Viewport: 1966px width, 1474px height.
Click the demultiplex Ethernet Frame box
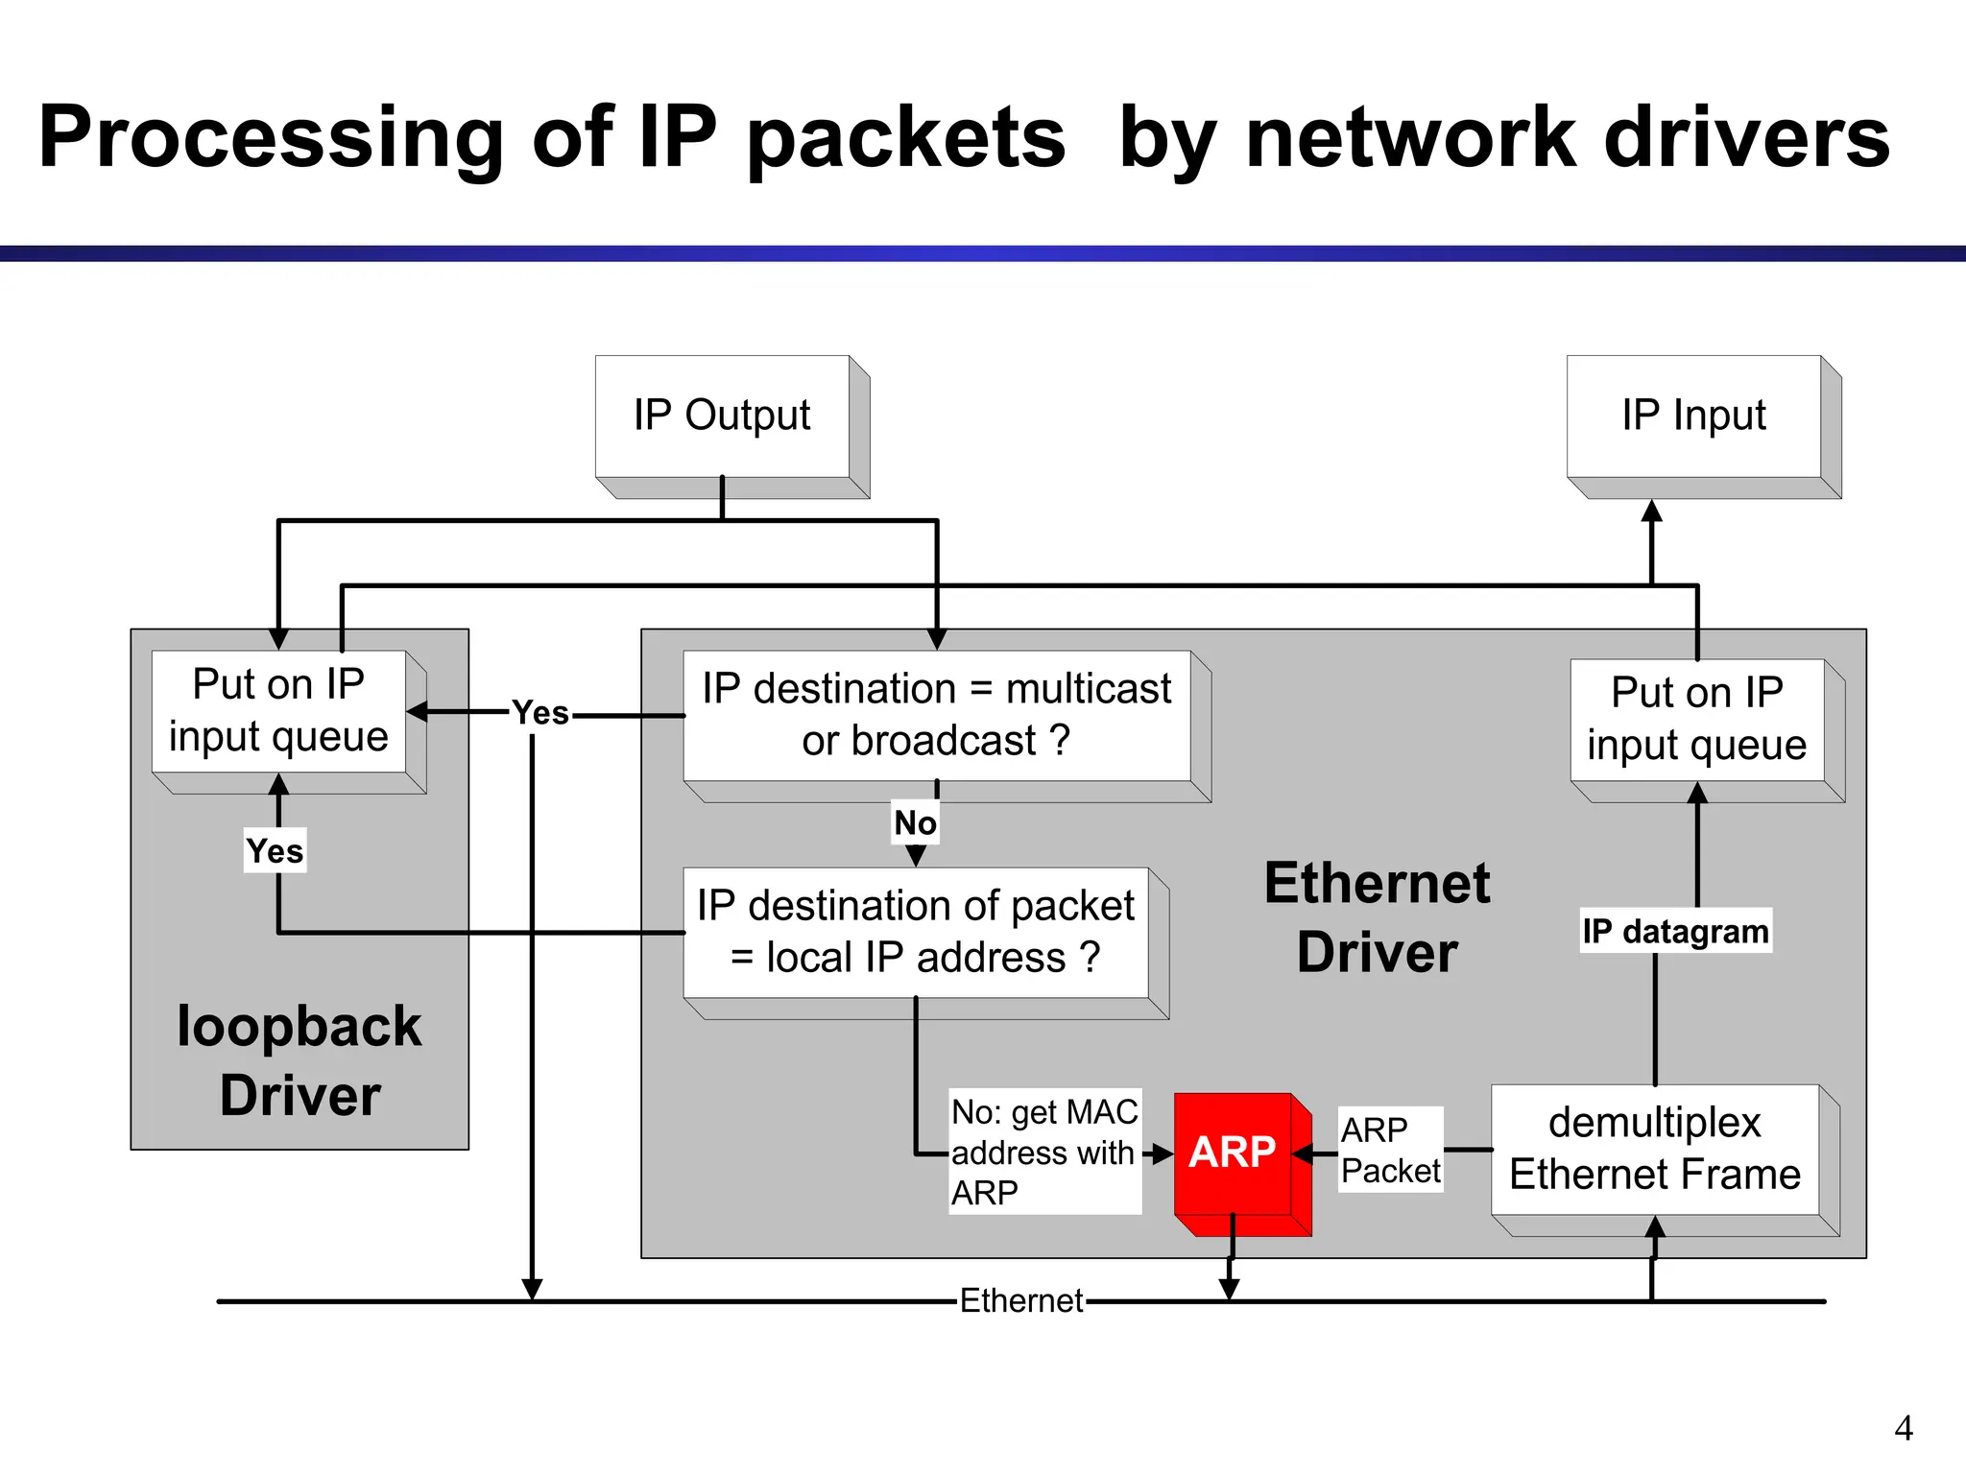click(1654, 1149)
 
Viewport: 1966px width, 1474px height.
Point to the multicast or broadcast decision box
click(936, 715)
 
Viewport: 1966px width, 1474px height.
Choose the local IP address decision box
click(915, 932)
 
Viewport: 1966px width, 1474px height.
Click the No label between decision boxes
click(915, 822)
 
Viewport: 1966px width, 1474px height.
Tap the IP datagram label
click(1675, 931)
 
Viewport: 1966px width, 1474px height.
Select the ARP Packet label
click(1390, 1150)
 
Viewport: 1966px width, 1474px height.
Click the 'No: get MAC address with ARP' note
click(1044, 1152)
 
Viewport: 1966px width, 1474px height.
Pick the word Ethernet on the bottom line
click(1021, 1301)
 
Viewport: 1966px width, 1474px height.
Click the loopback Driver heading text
click(300, 1060)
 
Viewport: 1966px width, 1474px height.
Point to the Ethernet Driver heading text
click(1377, 917)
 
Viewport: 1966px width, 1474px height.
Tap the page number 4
click(1904, 1428)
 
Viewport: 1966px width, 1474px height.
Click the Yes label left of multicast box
click(540, 713)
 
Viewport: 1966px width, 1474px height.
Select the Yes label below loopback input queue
click(275, 851)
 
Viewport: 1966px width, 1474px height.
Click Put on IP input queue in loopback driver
click(278, 711)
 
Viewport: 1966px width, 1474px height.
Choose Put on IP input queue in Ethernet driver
click(1696, 719)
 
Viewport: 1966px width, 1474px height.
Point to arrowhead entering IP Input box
click(1651, 511)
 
